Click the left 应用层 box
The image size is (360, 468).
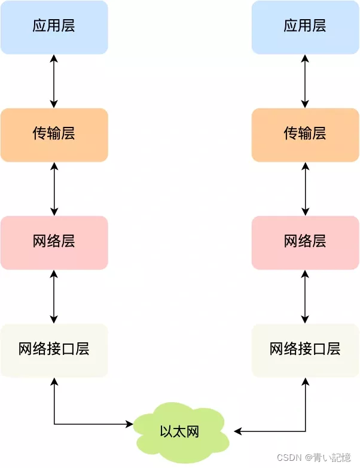point(54,27)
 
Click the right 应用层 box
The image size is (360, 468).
point(305,27)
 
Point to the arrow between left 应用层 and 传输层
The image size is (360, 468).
point(54,81)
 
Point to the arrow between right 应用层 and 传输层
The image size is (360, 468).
point(306,81)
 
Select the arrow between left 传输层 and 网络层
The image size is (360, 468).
point(54,189)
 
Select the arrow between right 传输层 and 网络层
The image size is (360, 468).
point(306,189)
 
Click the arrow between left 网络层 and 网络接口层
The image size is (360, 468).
point(54,296)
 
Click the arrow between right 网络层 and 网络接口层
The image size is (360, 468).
point(306,296)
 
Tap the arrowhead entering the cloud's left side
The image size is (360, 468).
point(129,424)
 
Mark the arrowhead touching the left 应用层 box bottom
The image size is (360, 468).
point(54,58)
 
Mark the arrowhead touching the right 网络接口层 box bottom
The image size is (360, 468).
point(306,381)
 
